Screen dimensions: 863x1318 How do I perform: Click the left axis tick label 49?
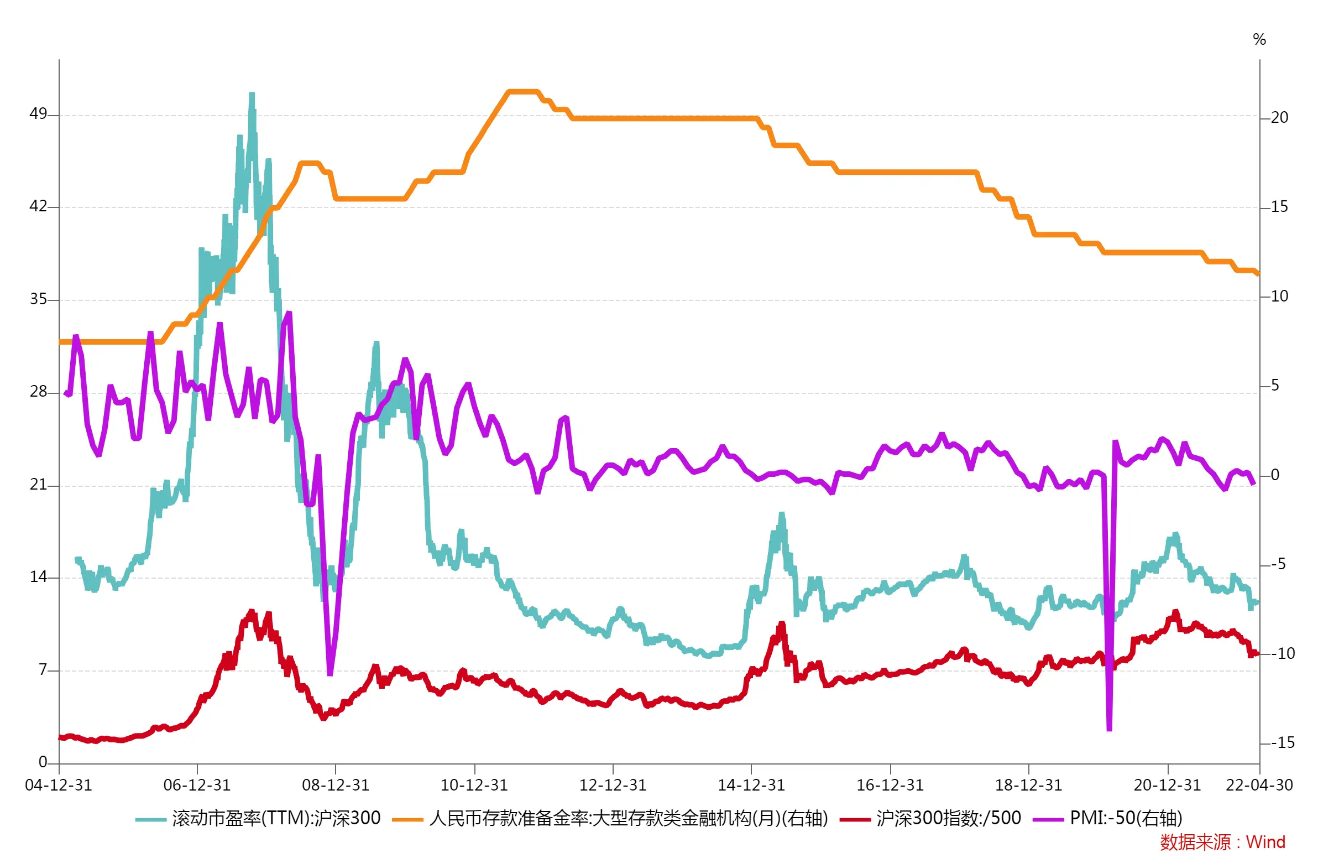(x=38, y=113)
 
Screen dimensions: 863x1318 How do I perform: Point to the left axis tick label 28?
(x=38, y=391)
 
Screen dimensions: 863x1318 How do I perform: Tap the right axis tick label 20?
(x=1279, y=117)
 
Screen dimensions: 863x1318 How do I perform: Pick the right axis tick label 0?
(x=1275, y=475)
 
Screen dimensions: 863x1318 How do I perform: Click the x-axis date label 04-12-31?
(x=59, y=785)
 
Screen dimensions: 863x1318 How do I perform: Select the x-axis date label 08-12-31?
(x=335, y=785)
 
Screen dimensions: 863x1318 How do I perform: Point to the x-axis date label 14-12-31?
(x=751, y=785)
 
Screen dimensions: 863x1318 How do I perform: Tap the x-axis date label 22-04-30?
(x=1259, y=785)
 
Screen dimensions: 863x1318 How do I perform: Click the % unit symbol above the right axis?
(x=1259, y=39)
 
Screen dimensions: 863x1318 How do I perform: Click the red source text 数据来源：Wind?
(x=1222, y=842)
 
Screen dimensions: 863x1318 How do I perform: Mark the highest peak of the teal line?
(x=252, y=94)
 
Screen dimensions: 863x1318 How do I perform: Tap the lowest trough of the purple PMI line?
(x=1109, y=730)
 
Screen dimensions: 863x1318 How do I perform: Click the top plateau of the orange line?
(x=523, y=91)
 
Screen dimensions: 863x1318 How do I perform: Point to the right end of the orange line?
(x=1258, y=273)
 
